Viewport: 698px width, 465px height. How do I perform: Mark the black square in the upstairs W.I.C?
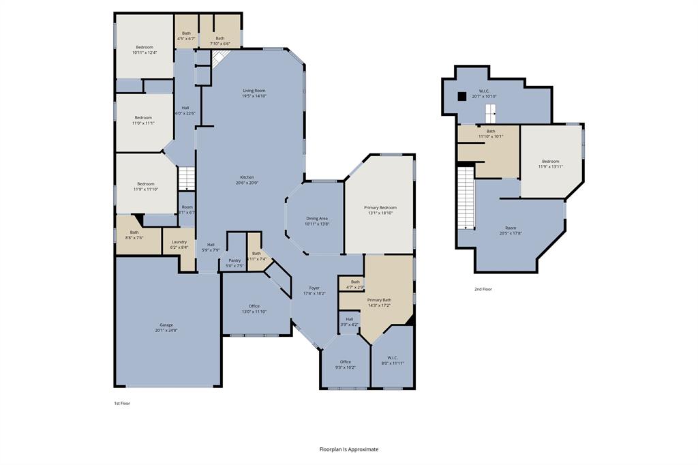[461, 96]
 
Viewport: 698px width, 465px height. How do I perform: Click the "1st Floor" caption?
[121, 403]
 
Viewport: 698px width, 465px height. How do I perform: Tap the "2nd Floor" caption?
[483, 289]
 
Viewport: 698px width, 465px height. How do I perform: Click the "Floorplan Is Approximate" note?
[349, 449]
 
